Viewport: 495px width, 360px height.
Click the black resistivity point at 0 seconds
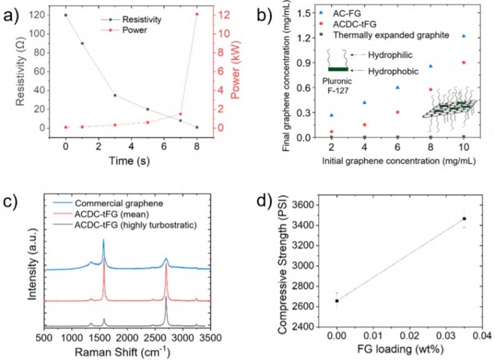pos(65,15)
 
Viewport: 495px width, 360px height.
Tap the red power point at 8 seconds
pos(197,15)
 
